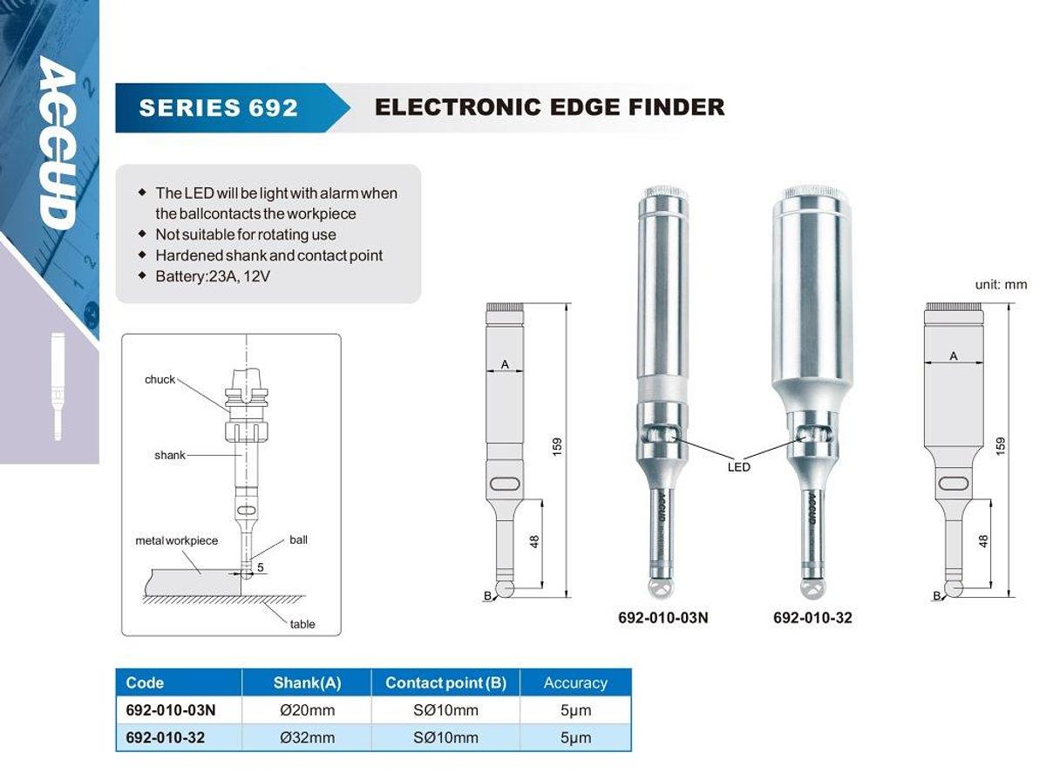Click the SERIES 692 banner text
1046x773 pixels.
[x=218, y=107]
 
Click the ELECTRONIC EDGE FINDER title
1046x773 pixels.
[x=549, y=107]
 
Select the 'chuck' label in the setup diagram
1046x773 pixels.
[x=160, y=379]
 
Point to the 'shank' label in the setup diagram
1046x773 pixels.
[x=170, y=455]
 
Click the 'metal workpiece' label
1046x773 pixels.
[x=177, y=540]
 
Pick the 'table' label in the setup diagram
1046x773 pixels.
[x=302, y=624]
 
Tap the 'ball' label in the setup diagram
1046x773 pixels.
[x=298, y=539]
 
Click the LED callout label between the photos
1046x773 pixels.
[x=738, y=467]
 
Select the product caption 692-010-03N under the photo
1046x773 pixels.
[x=663, y=618]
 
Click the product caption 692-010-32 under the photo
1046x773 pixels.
[x=812, y=618]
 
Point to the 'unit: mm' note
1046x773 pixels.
[x=1001, y=284]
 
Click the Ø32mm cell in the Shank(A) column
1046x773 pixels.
[x=307, y=737]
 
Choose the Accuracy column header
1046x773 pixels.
[x=575, y=683]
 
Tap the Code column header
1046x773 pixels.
[x=145, y=682]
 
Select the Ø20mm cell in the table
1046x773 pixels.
[x=307, y=709]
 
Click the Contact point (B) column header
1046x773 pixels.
[x=445, y=683]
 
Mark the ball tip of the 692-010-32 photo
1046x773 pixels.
[x=812, y=589]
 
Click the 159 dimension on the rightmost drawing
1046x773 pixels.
[x=1001, y=446]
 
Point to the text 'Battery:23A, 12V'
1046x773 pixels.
[x=213, y=276]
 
